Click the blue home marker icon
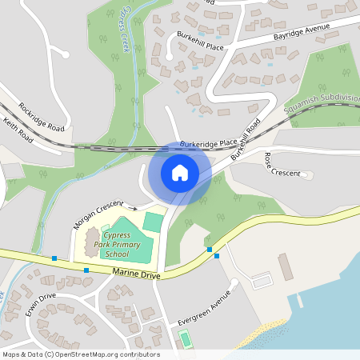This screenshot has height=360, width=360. (x=180, y=173)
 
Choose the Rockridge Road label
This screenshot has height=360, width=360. (x=41, y=117)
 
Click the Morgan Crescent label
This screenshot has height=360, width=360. (x=98, y=214)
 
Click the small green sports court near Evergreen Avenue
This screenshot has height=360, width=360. (x=186, y=339)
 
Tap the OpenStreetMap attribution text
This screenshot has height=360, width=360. (x=80, y=354)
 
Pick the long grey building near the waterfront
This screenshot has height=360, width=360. (x=286, y=267)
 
